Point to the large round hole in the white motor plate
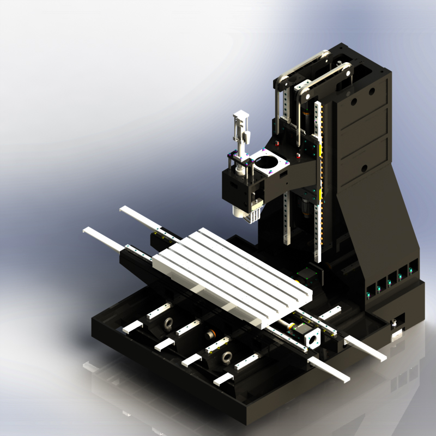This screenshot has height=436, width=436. click(x=267, y=162)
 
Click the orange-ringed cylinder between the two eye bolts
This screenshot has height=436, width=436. click(x=209, y=334)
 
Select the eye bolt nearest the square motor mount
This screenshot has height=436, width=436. click(x=227, y=358)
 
